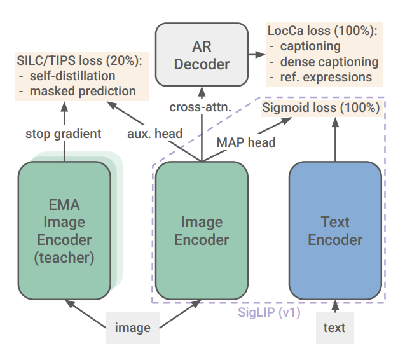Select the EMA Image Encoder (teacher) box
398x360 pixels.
click(64, 230)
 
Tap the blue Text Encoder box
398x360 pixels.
click(335, 230)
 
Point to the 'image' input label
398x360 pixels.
click(132, 328)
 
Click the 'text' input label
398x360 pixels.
click(334, 328)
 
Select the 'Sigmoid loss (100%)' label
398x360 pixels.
click(322, 108)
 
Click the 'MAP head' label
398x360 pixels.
click(246, 142)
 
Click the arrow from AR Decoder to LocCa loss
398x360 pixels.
click(257, 55)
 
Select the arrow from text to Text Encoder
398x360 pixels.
click(334, 306)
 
